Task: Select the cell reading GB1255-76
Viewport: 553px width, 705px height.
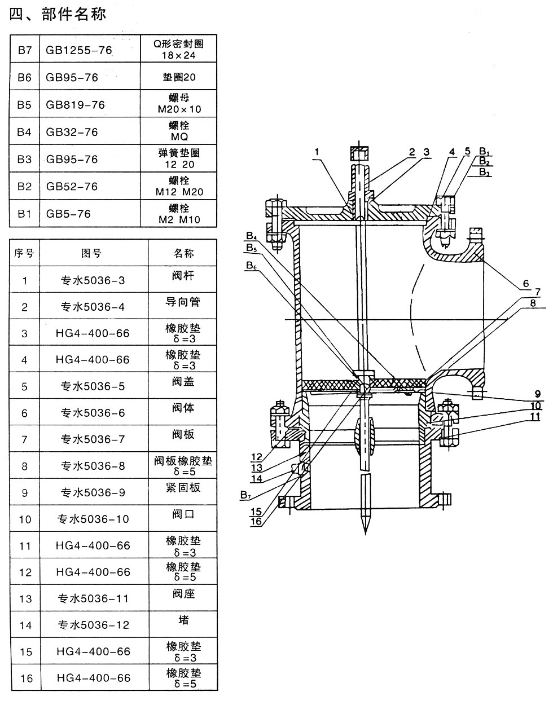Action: [x=79, y=50]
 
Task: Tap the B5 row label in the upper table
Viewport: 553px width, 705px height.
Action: [x=24, y=105]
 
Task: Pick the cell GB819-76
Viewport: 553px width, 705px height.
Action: [x=76, y=105]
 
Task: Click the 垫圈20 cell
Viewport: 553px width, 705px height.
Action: [x=178, y=77]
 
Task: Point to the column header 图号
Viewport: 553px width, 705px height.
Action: [x=91, y=253]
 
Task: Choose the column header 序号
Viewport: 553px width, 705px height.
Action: [x=24, y=253]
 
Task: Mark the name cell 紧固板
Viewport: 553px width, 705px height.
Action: [x=182, y=487]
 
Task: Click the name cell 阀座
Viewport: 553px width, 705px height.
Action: [x=182, y=594]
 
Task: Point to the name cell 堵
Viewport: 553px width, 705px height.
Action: [x=183, y=620]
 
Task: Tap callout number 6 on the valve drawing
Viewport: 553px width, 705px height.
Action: [x=524, y=283]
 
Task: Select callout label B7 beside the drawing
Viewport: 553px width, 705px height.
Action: [x=245, y=495]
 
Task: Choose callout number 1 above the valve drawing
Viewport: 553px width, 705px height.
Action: [x=318, y=151]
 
